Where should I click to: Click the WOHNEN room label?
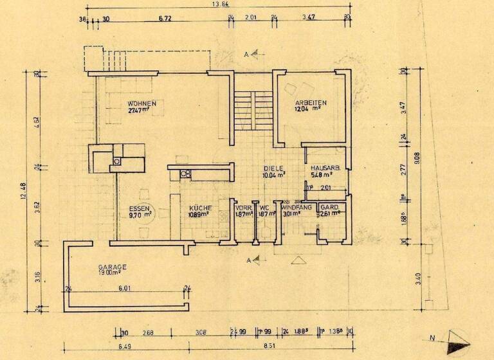tap(142, 103)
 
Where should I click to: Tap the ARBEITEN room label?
tap(311, 103)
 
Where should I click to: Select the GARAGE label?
tap(112, 267)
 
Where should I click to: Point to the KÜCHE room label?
tap(201, 208)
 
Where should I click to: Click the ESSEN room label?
tap(140, 209)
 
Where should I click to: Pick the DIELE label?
tap(273, 168)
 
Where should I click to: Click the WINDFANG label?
tap(297, 208)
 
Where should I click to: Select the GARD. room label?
tap(330, 208)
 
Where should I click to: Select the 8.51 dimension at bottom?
tap(270, 346)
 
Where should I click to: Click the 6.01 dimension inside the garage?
tap(125, 289)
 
